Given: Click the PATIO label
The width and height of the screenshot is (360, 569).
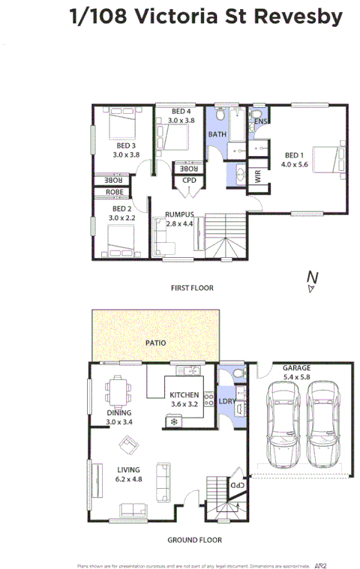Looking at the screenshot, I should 156,343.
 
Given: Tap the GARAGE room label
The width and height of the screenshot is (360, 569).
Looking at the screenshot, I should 296,368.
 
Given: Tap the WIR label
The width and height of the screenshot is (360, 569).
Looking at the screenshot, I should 259,176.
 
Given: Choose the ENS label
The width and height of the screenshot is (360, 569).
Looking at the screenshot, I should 261,121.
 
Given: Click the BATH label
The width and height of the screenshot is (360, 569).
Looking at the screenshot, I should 217,135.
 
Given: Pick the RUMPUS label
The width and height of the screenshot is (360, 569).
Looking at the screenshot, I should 179,215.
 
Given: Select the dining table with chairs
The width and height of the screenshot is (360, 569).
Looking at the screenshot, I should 118,390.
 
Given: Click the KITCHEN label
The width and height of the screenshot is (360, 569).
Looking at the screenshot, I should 184,395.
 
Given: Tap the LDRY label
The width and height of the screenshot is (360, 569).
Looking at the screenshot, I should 227,402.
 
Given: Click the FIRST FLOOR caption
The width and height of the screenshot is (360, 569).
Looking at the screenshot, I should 191,288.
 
